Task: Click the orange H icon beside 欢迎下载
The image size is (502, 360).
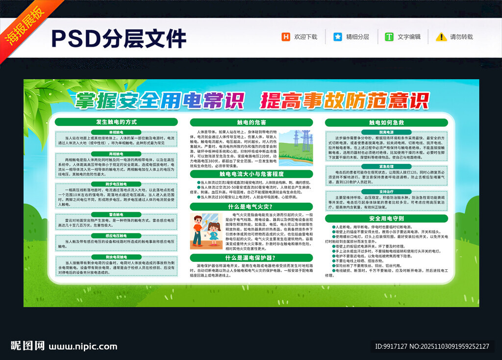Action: [x=285, y=37]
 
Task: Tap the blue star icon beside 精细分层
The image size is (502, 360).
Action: [x=338, y=37]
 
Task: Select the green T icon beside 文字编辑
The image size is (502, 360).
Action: [x=389, y=37]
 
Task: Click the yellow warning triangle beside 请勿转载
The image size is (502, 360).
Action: [x=441, y=37]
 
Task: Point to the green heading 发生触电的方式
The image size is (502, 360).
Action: [x=116, y=122]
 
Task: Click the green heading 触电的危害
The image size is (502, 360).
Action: [x=251, y=122]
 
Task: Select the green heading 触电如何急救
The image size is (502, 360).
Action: [x=386, y=122]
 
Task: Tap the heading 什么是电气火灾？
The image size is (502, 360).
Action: [x=251, y=206]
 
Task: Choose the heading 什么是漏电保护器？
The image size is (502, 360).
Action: [x=251, y=257]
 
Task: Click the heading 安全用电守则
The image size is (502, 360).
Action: [x=386, y=219]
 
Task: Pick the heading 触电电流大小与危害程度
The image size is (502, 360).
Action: [x=251, y=174]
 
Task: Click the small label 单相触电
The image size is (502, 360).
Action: [x=116, y=132]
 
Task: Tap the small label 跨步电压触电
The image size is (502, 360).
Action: [x=116, y=184]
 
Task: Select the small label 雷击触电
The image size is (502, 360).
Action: [x=116, y=215]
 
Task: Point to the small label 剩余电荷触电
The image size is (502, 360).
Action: [x=116, y=257]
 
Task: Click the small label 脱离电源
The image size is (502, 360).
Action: [x=386, y=132]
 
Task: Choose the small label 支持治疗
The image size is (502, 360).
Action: [x=386, y=191]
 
